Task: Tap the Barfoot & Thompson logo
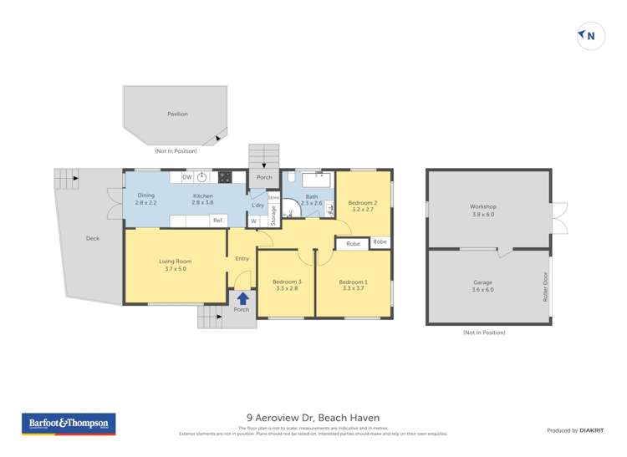pos(69,424)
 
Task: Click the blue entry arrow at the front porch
pos(242,297)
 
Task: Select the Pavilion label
pos(177,114)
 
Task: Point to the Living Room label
pos(176,265)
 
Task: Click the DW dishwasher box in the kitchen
pos(187,177)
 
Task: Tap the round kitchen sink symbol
pos(202,177)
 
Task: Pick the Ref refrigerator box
pos(217,221)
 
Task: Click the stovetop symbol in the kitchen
pos(225,177)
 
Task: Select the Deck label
pos(92,238)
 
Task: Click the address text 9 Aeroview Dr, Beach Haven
pos(313,418)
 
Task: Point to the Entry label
pos(242,259)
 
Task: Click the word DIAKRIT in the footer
pos(592,430)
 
